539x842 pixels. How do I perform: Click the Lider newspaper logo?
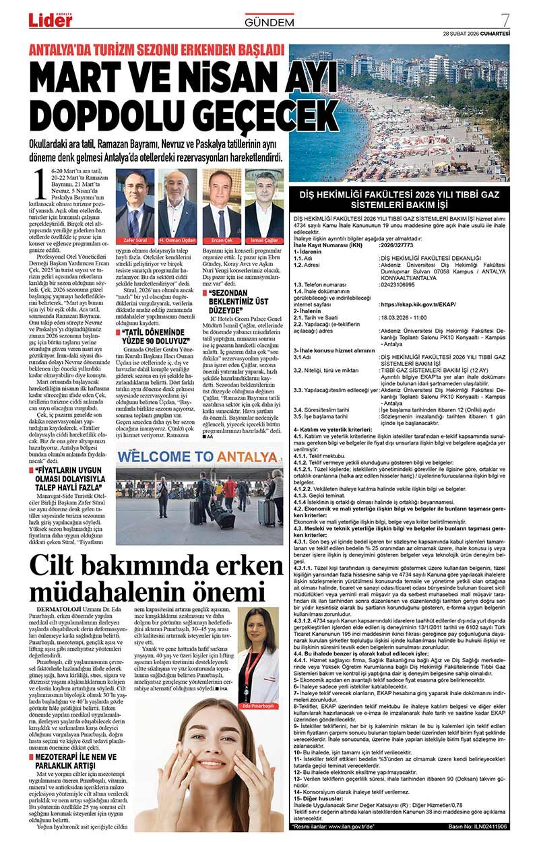(x=50, y=21)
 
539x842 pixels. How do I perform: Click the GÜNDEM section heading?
(x=269, y=22)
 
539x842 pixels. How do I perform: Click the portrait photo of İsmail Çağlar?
(x=264, y=201)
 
